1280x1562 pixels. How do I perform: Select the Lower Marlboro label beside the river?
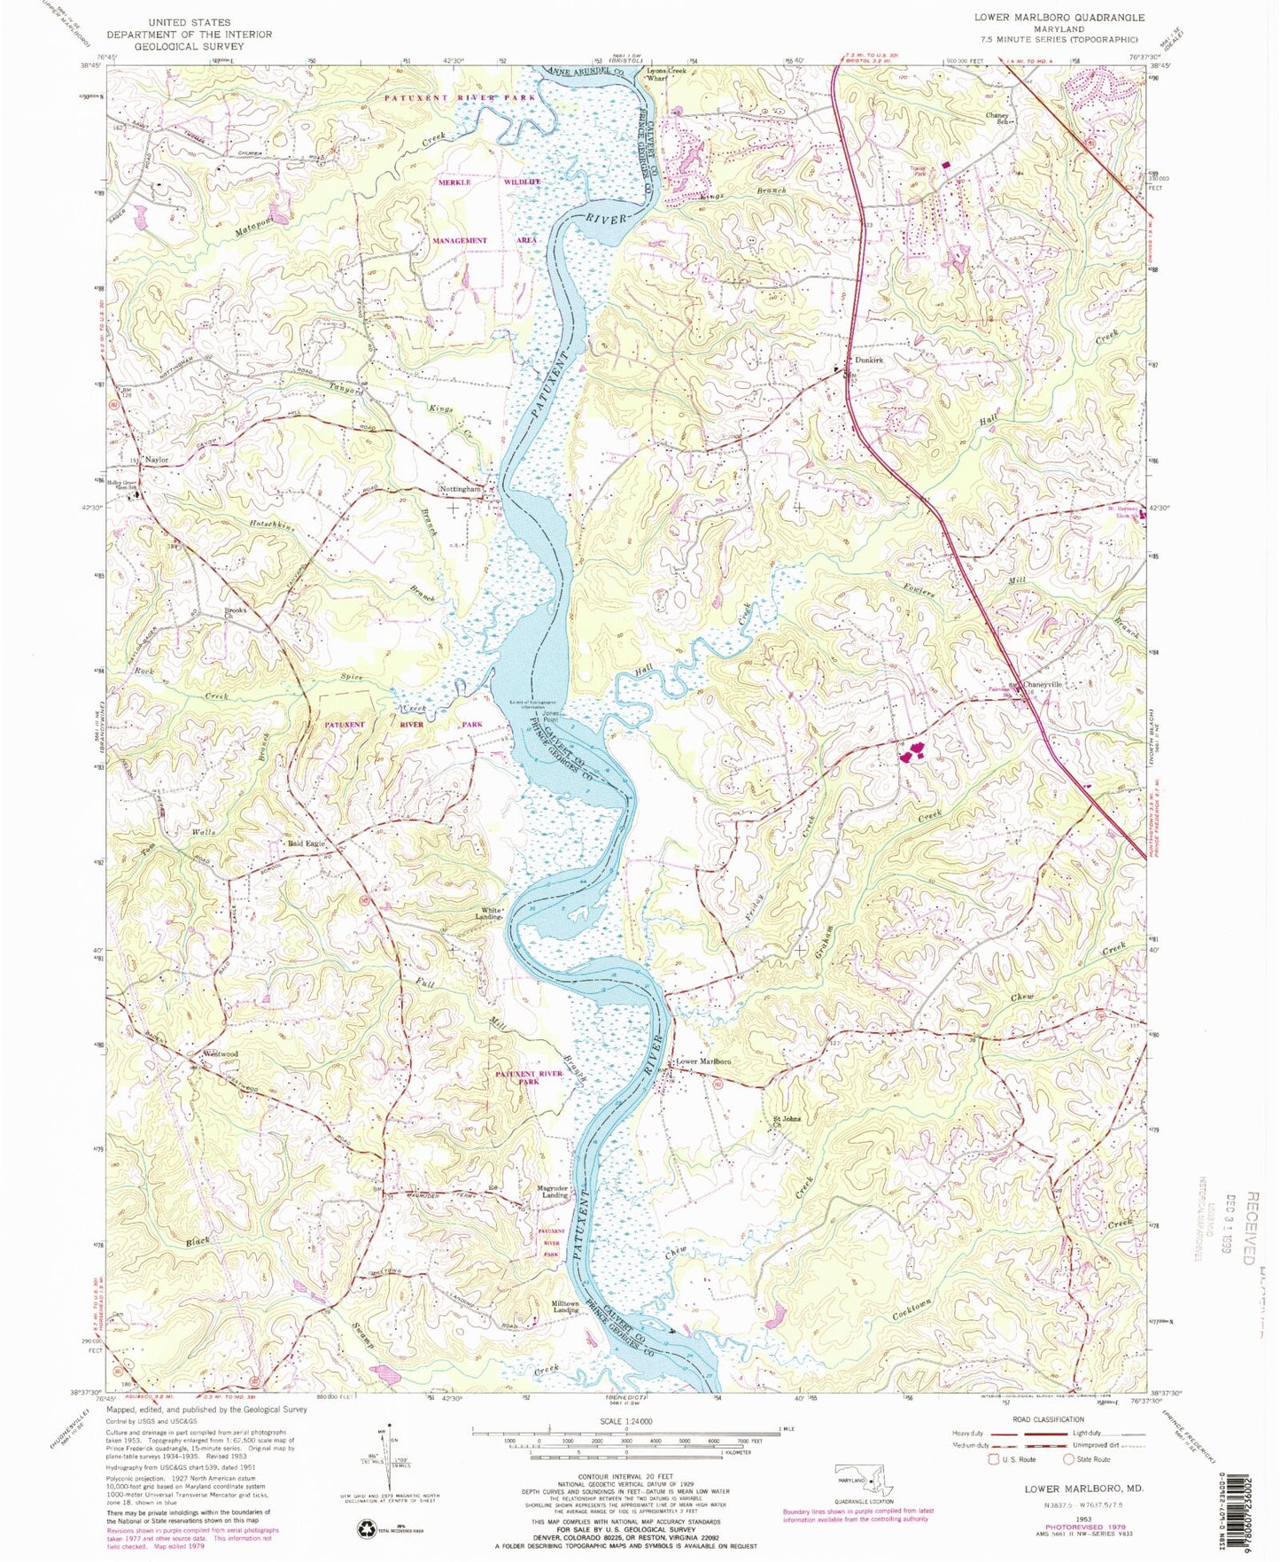point(704,1061)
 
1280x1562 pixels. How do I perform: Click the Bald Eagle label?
point(306,843)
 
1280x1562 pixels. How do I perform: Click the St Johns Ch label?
point(787,1122)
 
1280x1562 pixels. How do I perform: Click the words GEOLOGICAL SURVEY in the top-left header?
point(189,46)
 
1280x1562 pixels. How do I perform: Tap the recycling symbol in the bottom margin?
point(366,1528)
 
